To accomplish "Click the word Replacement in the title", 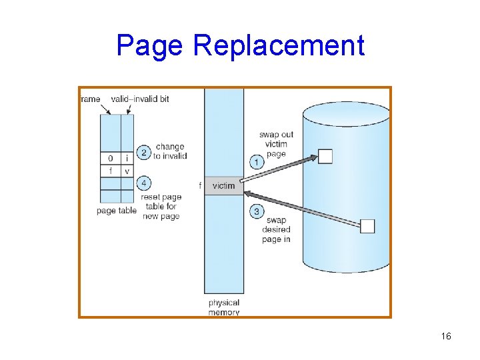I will point(279,45).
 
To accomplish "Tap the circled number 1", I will point(257,161).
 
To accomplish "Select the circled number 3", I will point(257,211).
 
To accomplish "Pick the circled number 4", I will point(143,183).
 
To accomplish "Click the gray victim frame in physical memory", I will point(223,186).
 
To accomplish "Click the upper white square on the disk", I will point(325,157).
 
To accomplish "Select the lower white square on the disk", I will point(367,226).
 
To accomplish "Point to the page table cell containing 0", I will point(111,159).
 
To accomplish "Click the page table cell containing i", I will point(127,159).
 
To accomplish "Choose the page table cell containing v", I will point(127,171).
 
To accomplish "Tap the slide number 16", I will point(446,337).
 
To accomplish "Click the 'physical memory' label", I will point(224,307).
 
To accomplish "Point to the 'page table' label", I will point(117,211).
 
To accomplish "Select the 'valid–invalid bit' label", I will point(140,99).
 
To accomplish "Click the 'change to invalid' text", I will point(170,151).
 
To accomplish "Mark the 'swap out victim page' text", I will point(276,144).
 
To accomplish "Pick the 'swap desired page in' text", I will point(276,229).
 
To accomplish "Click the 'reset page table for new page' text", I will point(161,207).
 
